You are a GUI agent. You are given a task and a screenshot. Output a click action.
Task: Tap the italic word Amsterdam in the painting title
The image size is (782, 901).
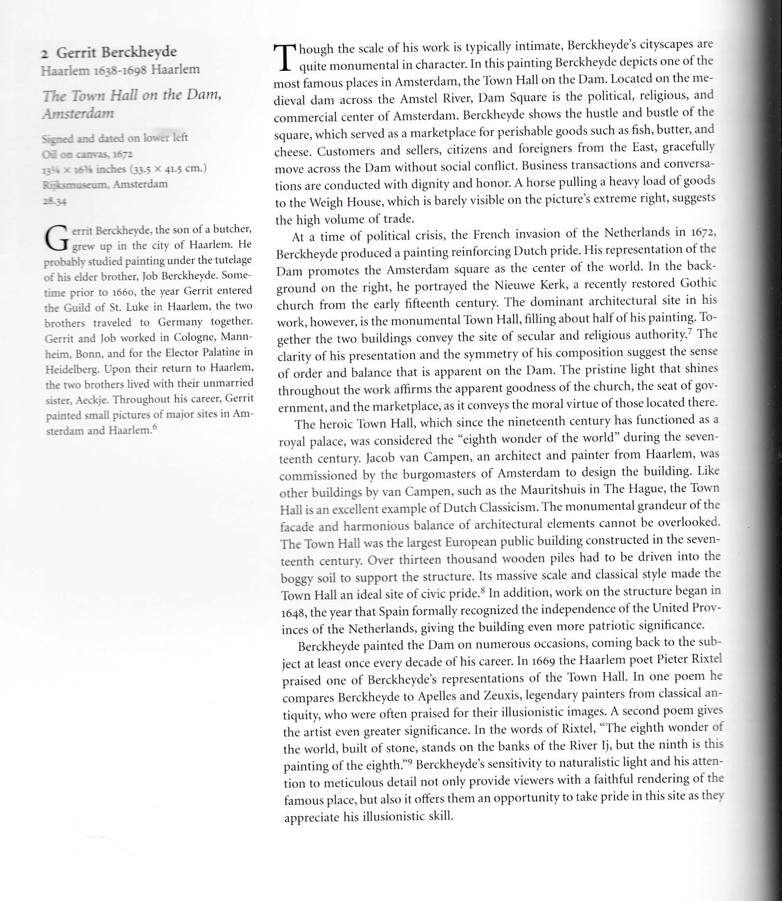pyautogui.click(x=78, y=114)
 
